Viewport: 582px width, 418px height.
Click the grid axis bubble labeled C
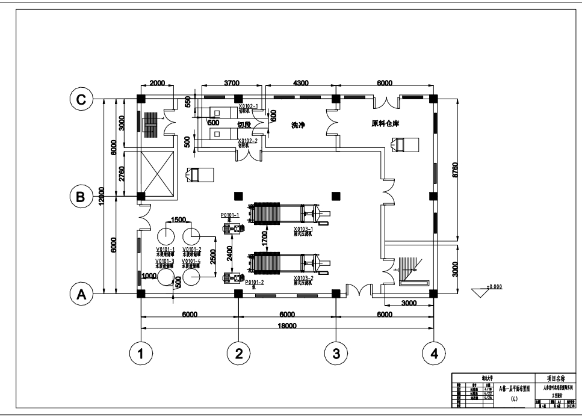click(81, 99)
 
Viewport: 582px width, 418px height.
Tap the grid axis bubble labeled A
click(81, 295)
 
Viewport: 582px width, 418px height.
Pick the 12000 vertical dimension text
click(104, 196)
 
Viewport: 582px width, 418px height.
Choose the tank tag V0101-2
click(192, 248)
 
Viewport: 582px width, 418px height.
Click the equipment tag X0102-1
click(248, 106)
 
